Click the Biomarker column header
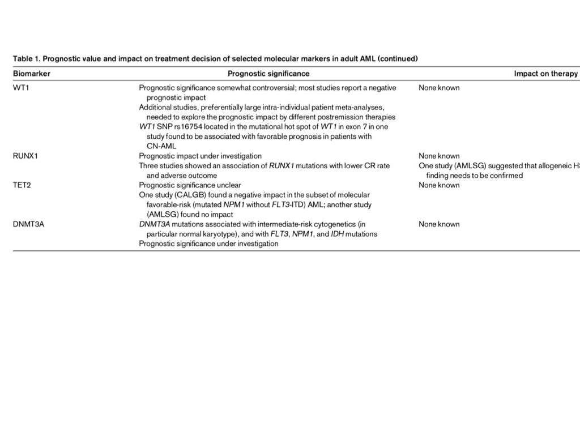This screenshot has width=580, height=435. [31, 74]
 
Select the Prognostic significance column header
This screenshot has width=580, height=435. [268, 74]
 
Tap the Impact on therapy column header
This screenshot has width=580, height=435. [545, 74]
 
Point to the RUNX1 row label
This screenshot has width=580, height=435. [25, 156]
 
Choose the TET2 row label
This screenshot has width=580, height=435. [22, 185]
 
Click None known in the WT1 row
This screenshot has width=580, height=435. [439, 88]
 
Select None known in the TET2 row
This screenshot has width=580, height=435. [439, 185]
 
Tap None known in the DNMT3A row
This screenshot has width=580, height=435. [439, 224]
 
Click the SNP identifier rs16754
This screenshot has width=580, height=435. [189, 127]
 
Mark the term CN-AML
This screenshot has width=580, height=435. [161, 146]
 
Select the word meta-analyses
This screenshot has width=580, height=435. [356, 107]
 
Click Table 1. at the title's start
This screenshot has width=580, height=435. [25, 58]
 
